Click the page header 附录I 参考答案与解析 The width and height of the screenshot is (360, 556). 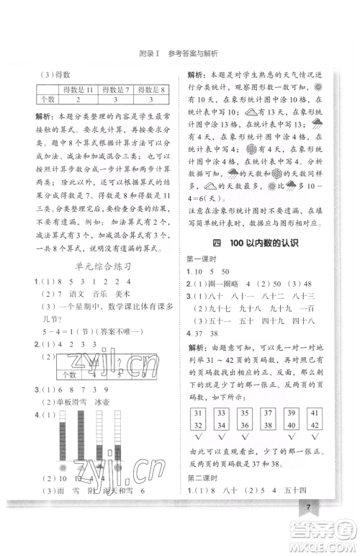(x=181, y=53)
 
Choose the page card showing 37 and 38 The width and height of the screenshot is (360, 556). (x=269, y=418)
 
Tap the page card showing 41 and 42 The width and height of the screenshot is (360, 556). (x=315, y=418)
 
